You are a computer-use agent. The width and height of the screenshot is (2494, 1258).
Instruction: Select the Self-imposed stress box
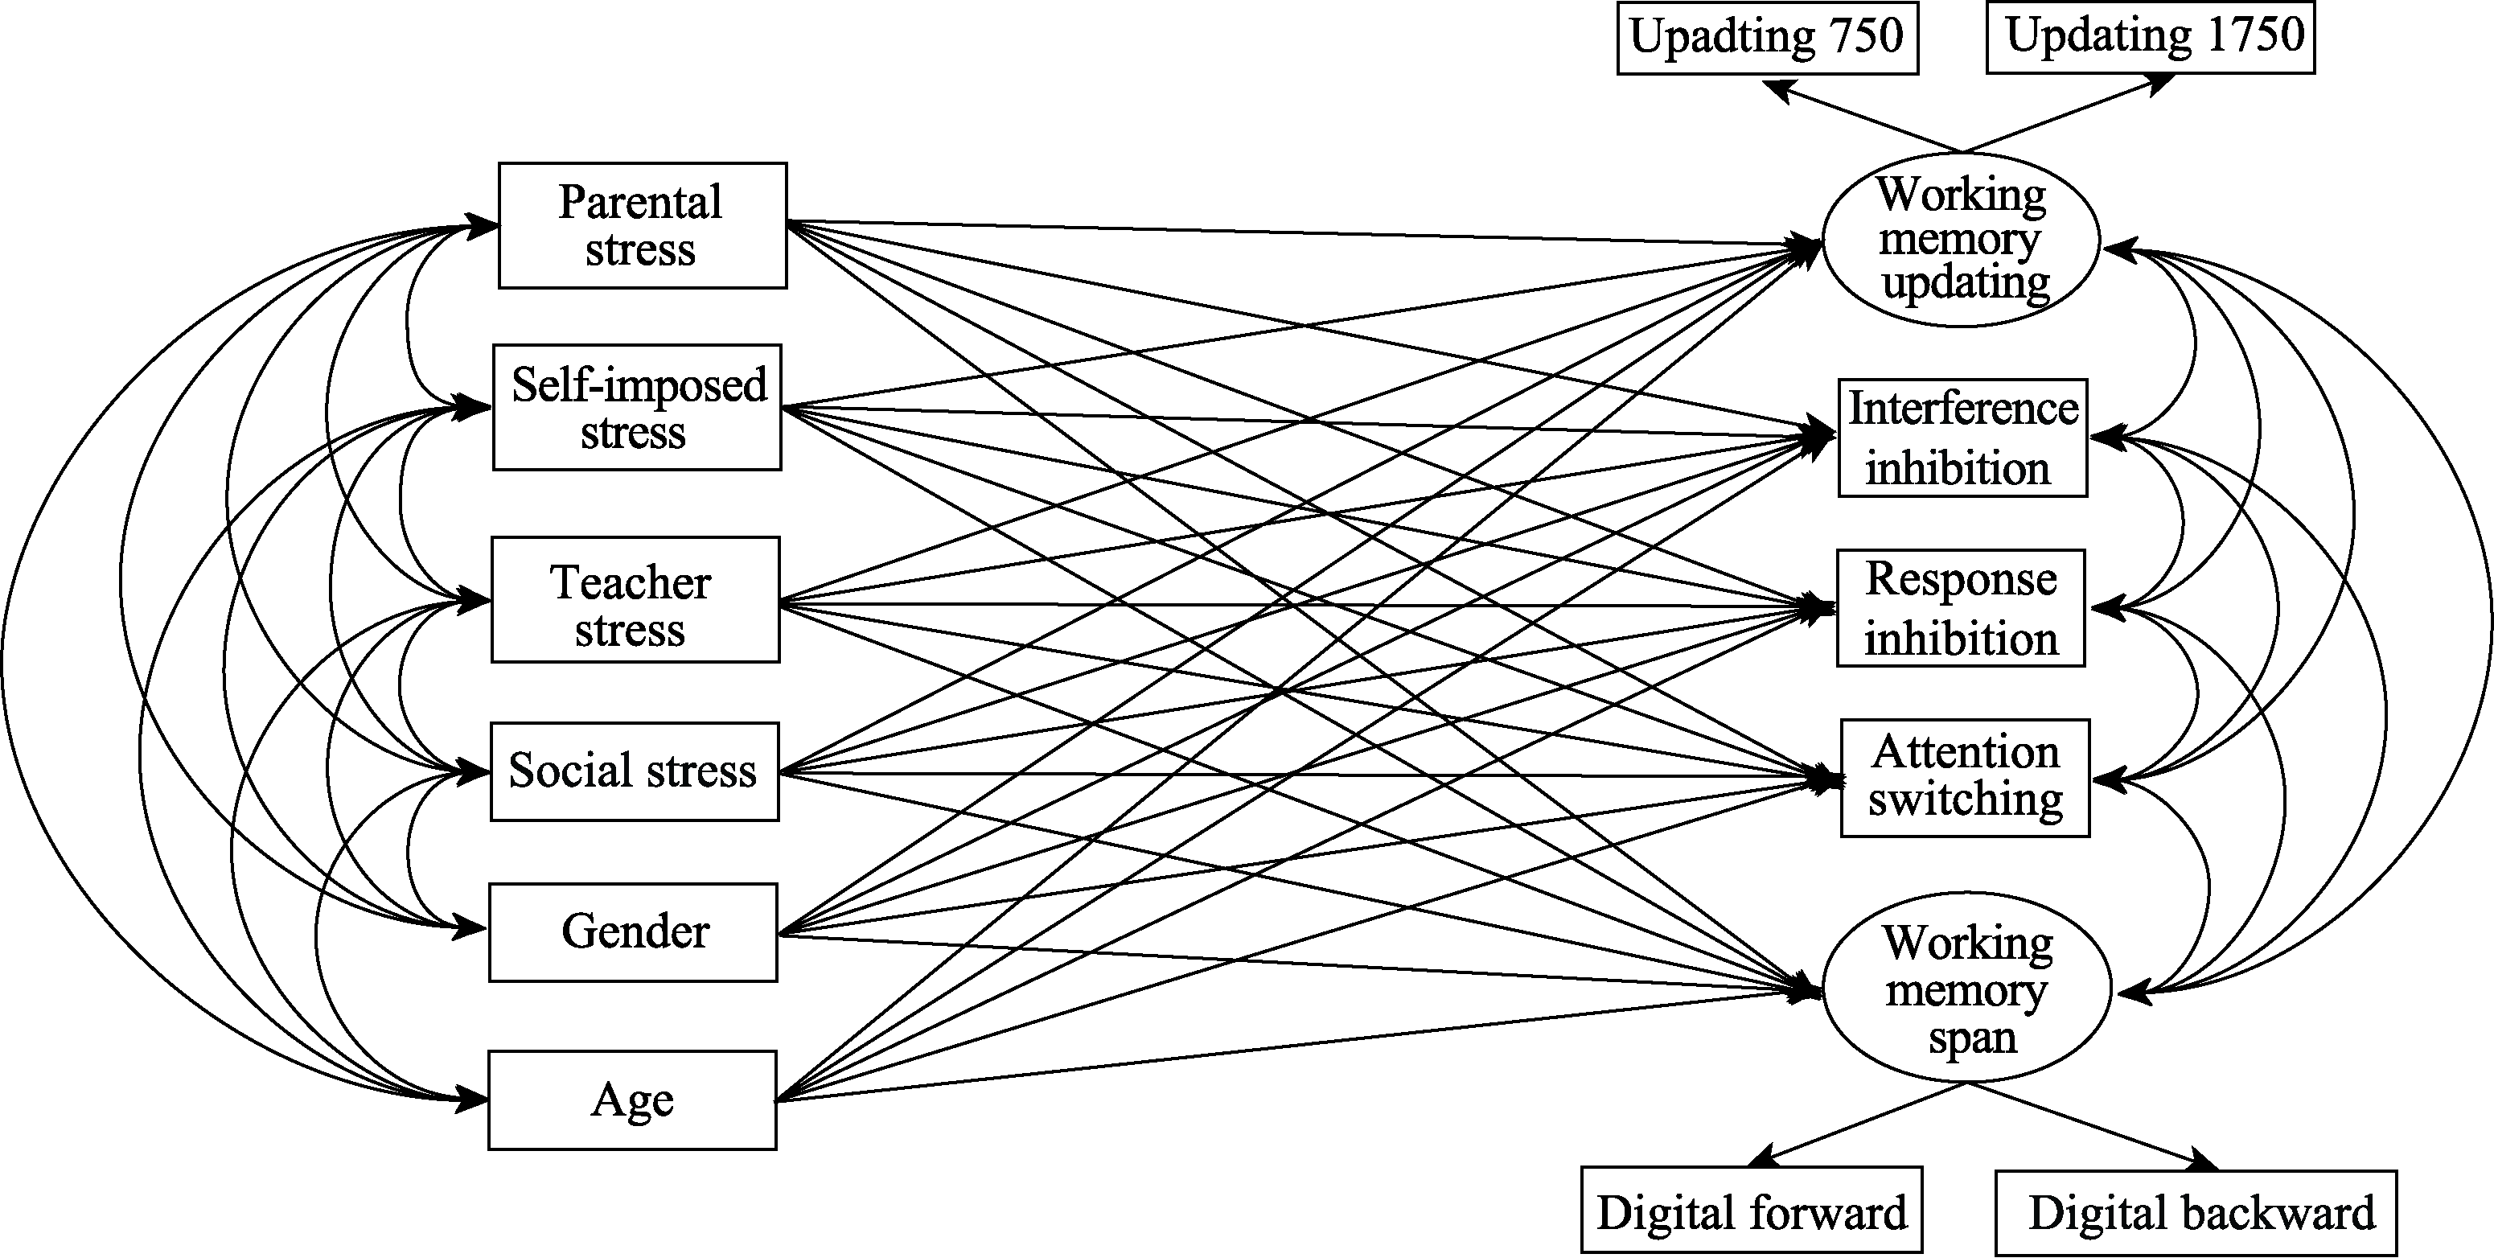coord(637,408)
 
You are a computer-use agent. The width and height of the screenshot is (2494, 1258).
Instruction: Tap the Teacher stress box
coord(635,600)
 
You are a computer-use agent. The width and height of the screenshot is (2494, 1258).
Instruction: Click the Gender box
coord(633,932)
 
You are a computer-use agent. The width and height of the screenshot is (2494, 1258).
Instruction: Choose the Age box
coord(632,1100)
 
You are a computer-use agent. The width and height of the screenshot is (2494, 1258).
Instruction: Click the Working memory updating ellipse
coord(1962,239)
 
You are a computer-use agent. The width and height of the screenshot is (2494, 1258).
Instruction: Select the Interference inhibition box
coord(1962,438)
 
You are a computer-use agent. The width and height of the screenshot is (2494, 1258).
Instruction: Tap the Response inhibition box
coord(1961,608)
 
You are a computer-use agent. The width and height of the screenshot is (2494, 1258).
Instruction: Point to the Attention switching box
coord(1965,778)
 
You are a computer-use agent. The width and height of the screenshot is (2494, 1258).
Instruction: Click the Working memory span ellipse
coord(1966,989)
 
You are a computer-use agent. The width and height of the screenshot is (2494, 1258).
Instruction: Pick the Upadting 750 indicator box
coord(1767,38)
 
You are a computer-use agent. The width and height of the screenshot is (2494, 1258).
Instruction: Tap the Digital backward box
coord(2195,1212)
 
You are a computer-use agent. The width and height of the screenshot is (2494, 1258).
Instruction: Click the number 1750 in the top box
coord(2256,35)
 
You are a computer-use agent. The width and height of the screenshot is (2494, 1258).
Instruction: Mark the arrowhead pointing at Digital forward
coord(1762,1157)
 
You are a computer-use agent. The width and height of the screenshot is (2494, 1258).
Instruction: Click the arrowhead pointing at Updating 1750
coord(2161,84)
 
